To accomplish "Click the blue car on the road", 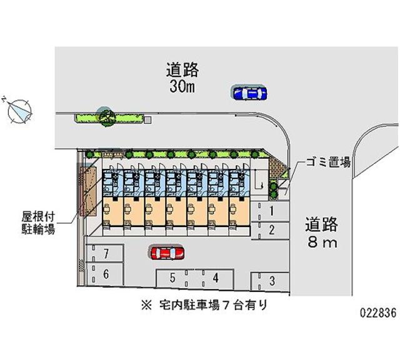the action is (249, 93).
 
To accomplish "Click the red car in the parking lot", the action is (167, 253).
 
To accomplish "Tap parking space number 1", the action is (270, 211).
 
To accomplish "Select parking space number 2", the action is (270, 231).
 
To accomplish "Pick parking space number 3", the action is (270, 281).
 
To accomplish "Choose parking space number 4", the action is (214, 278).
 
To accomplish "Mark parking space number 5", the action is (176, 278).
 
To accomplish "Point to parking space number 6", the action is (105, 274).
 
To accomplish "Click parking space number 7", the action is (105, 253).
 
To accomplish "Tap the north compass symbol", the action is (19, 112).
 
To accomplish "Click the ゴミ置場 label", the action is (328, 162).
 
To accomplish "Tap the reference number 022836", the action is (378, 313).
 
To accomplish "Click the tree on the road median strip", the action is (107, 118).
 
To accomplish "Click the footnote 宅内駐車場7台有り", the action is (204, 305).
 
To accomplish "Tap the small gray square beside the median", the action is (147, 119).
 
